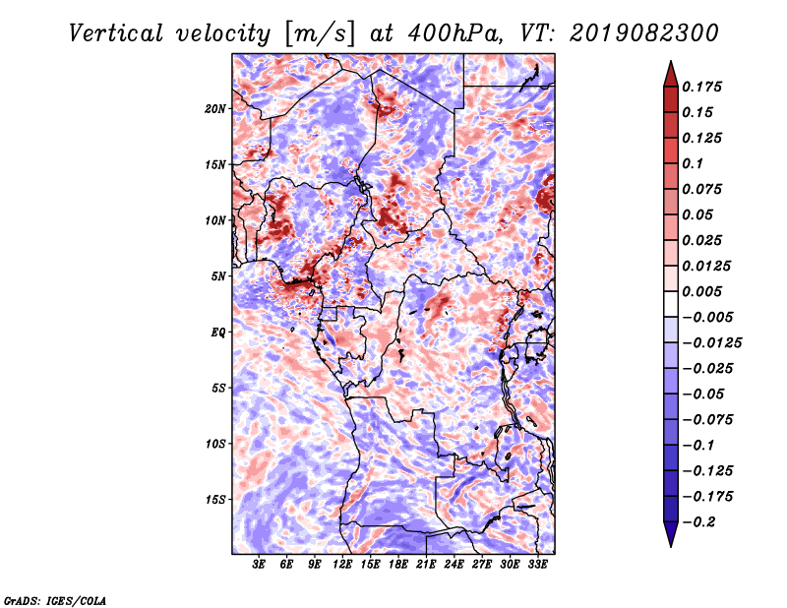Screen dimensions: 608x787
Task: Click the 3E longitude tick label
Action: click(x=260, y=564)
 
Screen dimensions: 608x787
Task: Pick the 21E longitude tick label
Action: click(x=426, y=564)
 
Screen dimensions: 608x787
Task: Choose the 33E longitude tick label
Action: click(x=537, y=564)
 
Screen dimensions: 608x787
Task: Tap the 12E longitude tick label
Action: click(x=343, y=564)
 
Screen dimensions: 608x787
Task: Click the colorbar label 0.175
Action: click(x=702, y=87)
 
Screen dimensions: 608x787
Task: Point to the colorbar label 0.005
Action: click(x=702, y=291)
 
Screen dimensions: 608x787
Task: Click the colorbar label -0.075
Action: click(x=706, y=419)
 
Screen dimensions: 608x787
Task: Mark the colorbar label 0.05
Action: click(x=698, y=214)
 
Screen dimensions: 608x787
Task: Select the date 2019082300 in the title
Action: click(x=630, y=32)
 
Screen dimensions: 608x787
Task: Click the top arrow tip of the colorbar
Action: click(x=670, y=62)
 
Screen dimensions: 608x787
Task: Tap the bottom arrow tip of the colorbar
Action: click(x=670, y=545)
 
